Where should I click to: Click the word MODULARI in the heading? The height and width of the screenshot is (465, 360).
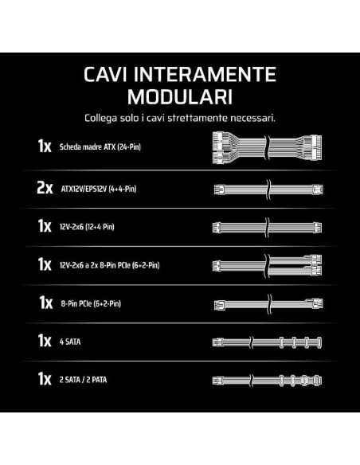tap(180, 96)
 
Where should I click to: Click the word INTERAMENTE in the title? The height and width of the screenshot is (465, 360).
tap(205, 74)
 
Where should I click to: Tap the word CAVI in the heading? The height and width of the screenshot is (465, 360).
tap(105, 74)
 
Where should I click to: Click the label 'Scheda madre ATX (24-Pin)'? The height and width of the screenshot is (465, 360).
tap(100, 147)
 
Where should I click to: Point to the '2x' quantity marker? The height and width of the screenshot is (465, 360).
tap(45, 188)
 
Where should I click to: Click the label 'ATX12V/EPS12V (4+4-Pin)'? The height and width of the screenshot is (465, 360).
tap(99, 189)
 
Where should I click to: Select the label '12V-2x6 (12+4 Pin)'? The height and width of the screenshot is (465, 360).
tap(87, 227)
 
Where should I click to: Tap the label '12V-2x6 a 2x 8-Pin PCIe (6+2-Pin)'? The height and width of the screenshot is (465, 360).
tap(109, 265)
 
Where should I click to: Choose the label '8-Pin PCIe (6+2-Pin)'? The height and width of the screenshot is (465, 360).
tap(91, 303)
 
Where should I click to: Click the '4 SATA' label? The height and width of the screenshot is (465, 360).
tap(70, 342)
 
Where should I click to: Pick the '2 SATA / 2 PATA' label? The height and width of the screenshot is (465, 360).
tap(83, 380)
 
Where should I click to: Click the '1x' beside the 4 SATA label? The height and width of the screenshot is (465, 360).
tap(45, 341)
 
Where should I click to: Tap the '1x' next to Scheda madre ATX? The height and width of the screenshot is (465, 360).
tap(45, 146)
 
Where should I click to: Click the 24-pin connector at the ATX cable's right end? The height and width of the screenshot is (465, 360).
tap(315, 147)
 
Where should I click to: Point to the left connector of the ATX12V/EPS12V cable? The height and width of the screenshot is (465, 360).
tap(219, 190)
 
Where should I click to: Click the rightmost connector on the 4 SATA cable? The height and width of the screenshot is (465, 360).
tap(319, 342)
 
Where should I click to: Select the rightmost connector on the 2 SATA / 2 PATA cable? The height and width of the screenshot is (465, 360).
tap(318, 381)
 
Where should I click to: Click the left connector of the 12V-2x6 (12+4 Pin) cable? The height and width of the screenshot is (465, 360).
tap(217, 228)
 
